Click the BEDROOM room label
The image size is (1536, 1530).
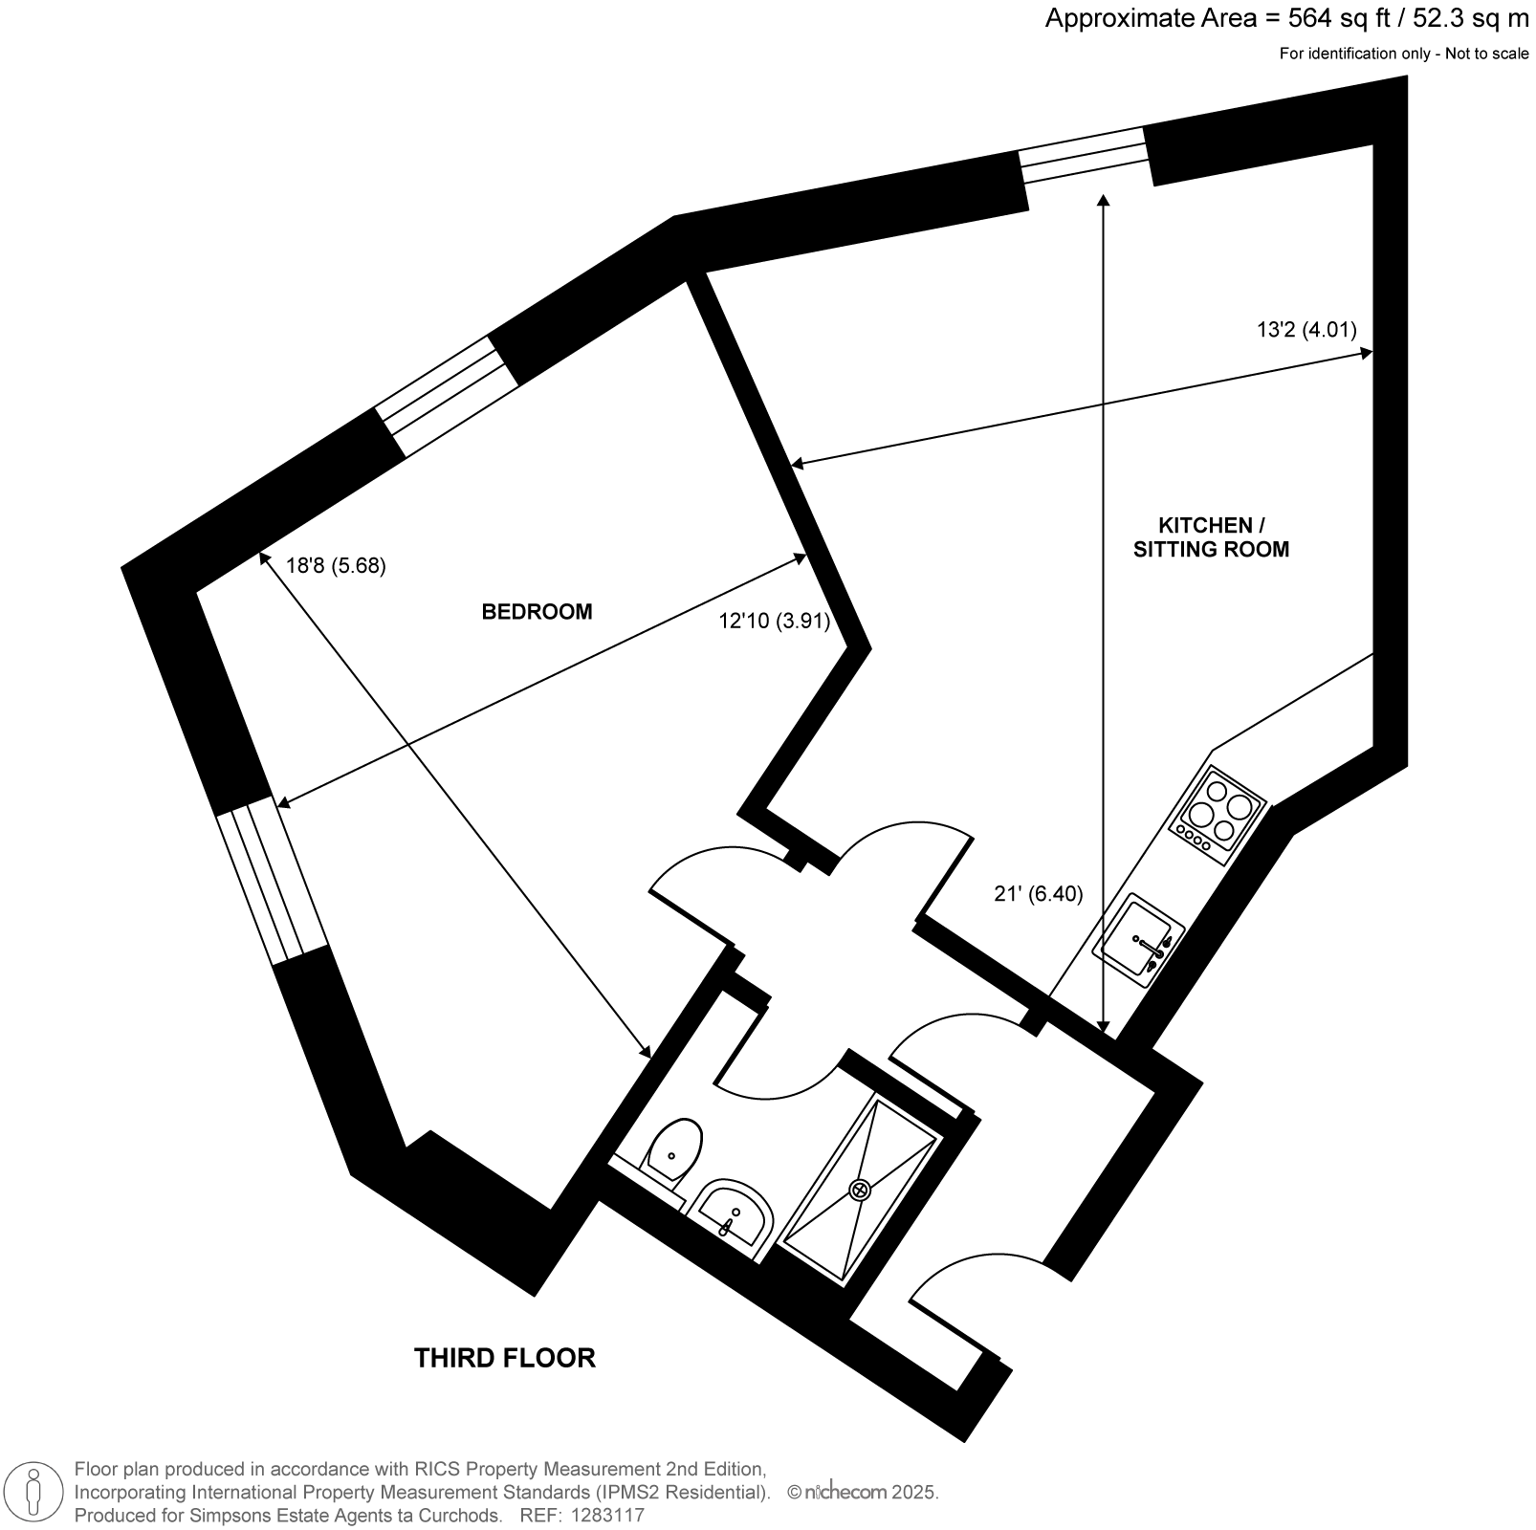point(537,612)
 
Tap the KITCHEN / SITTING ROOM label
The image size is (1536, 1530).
point(1211,537)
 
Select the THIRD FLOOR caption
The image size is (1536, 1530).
point(505,1358)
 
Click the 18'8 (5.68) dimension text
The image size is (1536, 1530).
point(336,565)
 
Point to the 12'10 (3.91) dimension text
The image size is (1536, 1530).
point(775,621)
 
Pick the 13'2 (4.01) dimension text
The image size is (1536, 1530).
point(1306,331)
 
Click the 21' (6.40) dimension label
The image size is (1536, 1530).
point(1039,894)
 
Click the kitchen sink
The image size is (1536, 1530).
point(1138,940)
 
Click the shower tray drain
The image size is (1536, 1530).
point(860,1190)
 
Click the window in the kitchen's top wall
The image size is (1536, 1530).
point(1083,155)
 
